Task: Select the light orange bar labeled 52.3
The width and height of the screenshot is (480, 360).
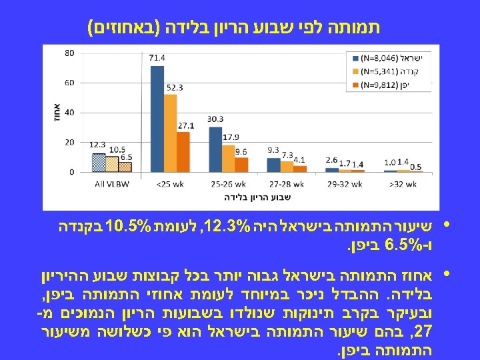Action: (170, 133)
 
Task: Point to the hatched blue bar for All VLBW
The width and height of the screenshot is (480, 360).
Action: (99, 163)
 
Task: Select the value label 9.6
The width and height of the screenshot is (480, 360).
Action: (242, 151)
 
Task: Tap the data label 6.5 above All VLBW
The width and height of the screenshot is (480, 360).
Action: (126, 157)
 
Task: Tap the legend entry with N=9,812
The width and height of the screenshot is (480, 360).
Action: (387, 85)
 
